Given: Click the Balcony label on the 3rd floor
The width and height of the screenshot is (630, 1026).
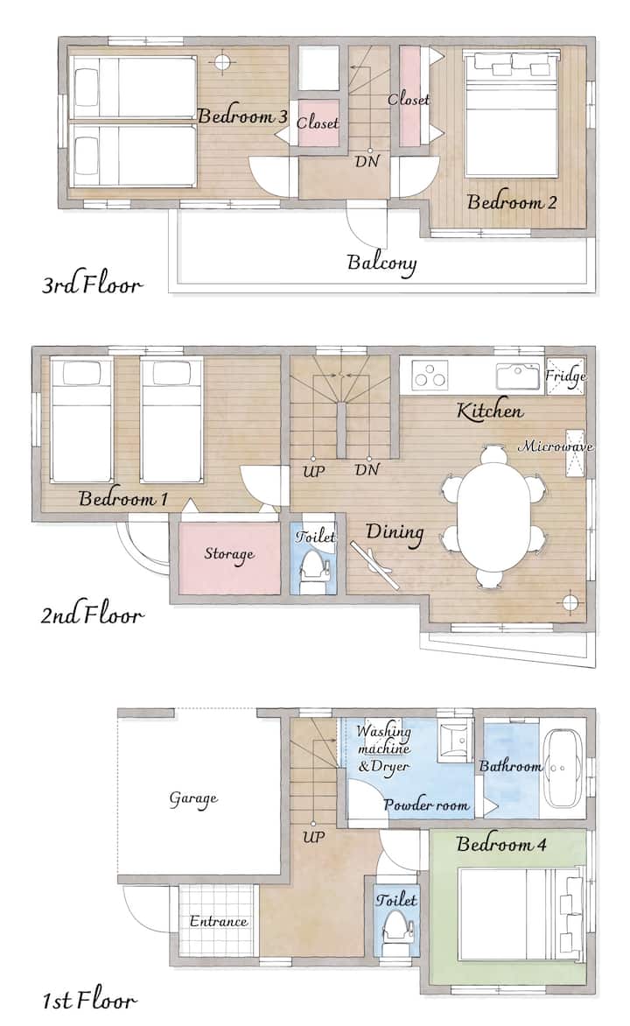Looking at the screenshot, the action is (381, 264).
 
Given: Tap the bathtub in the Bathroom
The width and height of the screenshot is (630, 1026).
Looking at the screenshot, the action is (564, 768).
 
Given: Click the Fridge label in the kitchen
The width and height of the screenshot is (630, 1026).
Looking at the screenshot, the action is (565, 376).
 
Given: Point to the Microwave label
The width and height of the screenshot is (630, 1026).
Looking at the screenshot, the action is (556, 446).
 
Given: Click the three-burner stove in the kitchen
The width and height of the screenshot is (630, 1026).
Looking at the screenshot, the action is (430, 376).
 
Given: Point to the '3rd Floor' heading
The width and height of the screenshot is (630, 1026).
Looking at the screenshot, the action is (92, 285).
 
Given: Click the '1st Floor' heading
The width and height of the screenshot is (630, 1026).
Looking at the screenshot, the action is (89, 1001).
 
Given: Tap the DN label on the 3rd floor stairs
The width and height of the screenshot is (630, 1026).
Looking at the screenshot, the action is (367, 161).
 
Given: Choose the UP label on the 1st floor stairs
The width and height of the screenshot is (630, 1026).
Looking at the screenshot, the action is (313, 836).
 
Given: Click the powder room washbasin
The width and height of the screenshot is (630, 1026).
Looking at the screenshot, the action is (455, 742).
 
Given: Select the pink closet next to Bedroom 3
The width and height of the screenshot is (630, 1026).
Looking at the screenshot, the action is (318, 123).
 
